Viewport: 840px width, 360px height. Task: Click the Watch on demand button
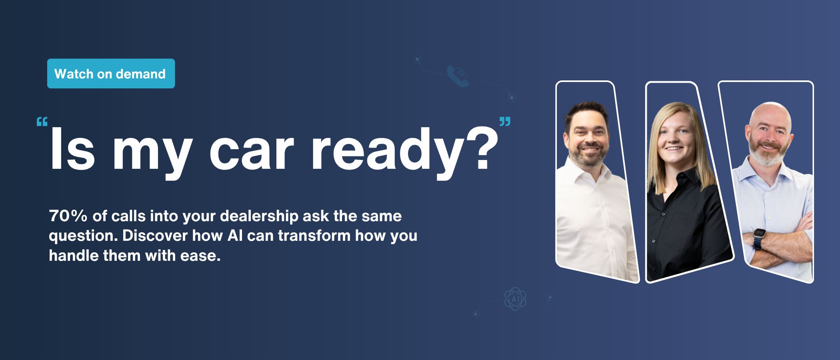111,74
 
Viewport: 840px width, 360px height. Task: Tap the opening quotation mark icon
42,122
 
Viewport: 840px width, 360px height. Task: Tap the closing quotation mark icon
505,122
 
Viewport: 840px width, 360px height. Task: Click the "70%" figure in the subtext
68,216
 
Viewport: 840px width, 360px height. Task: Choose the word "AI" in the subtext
235,236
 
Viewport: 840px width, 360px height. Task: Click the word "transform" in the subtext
314,236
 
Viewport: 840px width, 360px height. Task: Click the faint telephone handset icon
458,76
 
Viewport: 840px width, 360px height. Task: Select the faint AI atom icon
515,299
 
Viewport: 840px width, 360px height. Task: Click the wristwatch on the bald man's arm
759,238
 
